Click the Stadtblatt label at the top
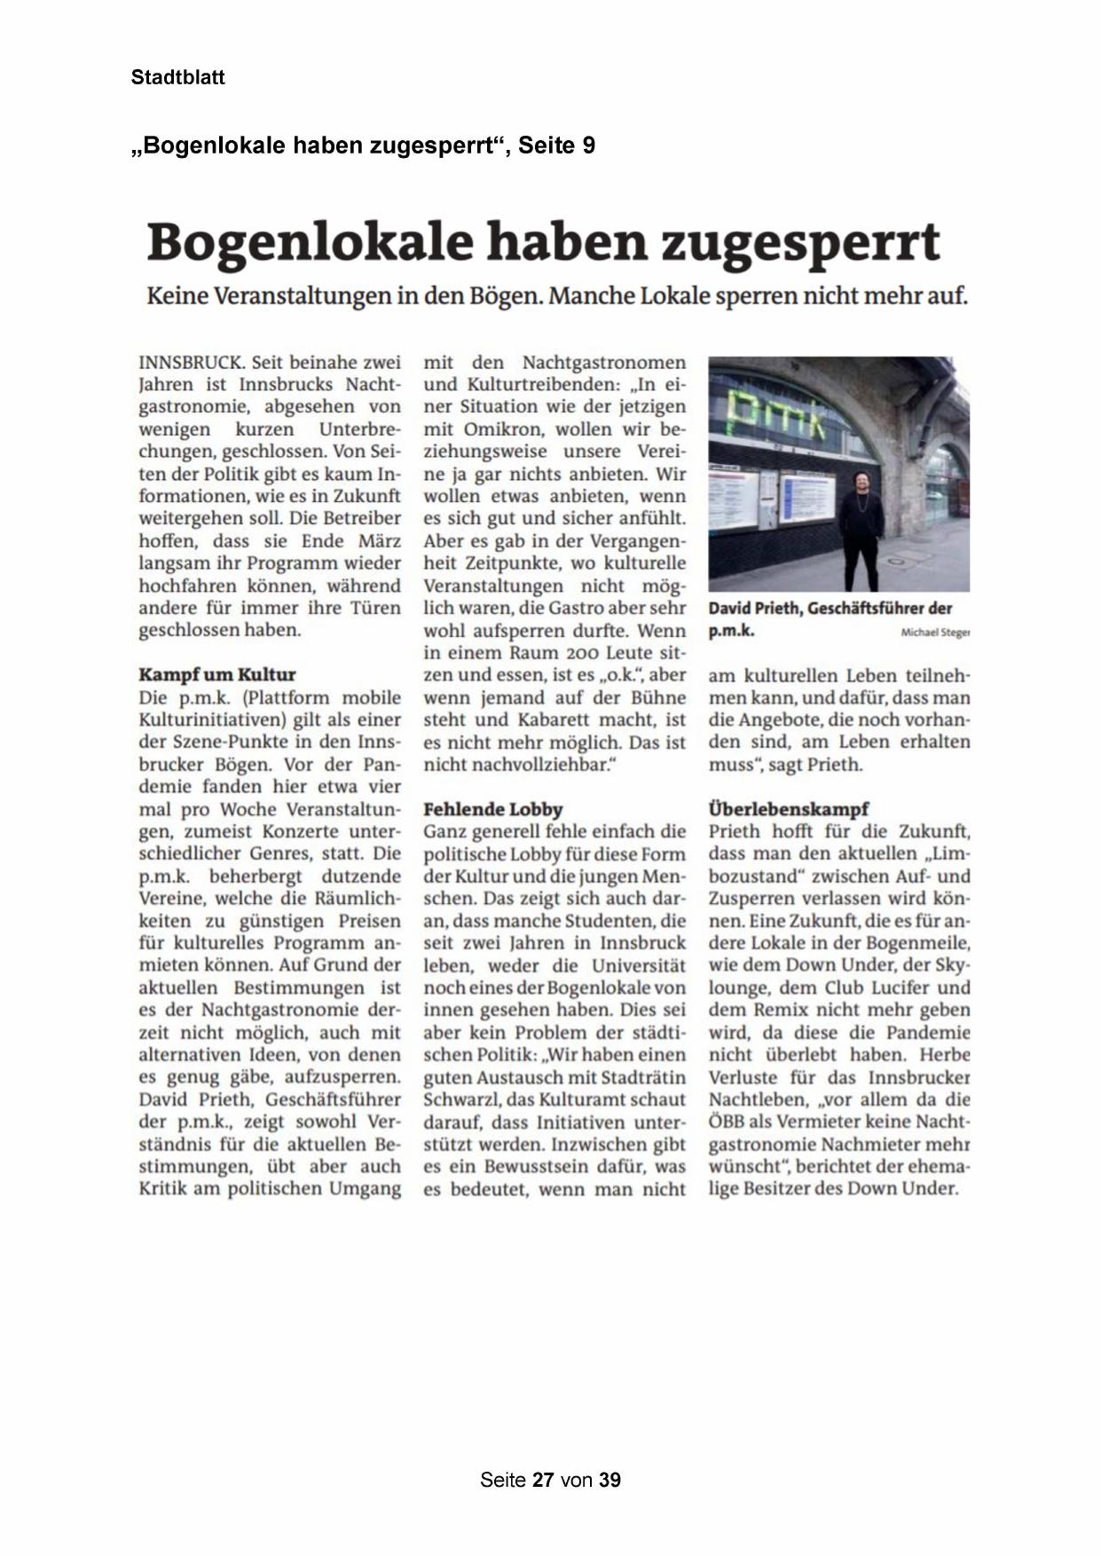177,77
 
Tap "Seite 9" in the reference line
556,145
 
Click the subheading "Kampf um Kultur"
216,674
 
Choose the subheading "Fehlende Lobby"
492,809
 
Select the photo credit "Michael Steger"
935,633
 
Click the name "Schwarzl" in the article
461,1100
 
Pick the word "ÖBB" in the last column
725,1122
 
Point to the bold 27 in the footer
543,1480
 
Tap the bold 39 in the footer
609,1480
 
